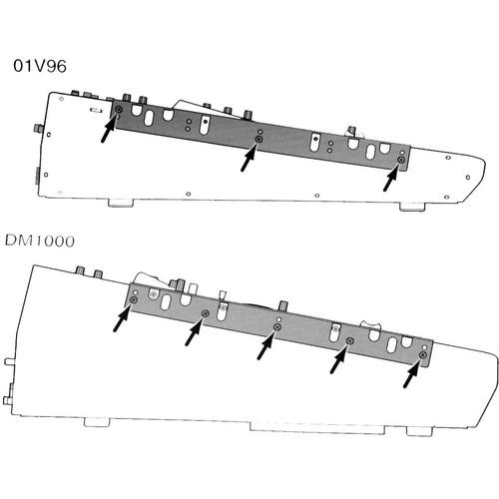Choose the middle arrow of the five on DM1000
pyautogui.click(x=267, y=345)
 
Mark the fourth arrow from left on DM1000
pyautogui.click(x=339, y=358)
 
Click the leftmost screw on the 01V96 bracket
pyautogui.click(x=119, y=109)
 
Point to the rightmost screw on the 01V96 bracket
pyautogui.click(x=400, y=160)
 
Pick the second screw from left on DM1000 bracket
pyautogui.click(x=205, y=314)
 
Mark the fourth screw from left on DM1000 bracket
pyautogui.click(x=350, y=341)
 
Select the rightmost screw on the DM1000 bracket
pyautogui.click(x=423, y=354)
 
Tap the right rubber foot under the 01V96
pyautogui.click(x=413, y=208)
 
